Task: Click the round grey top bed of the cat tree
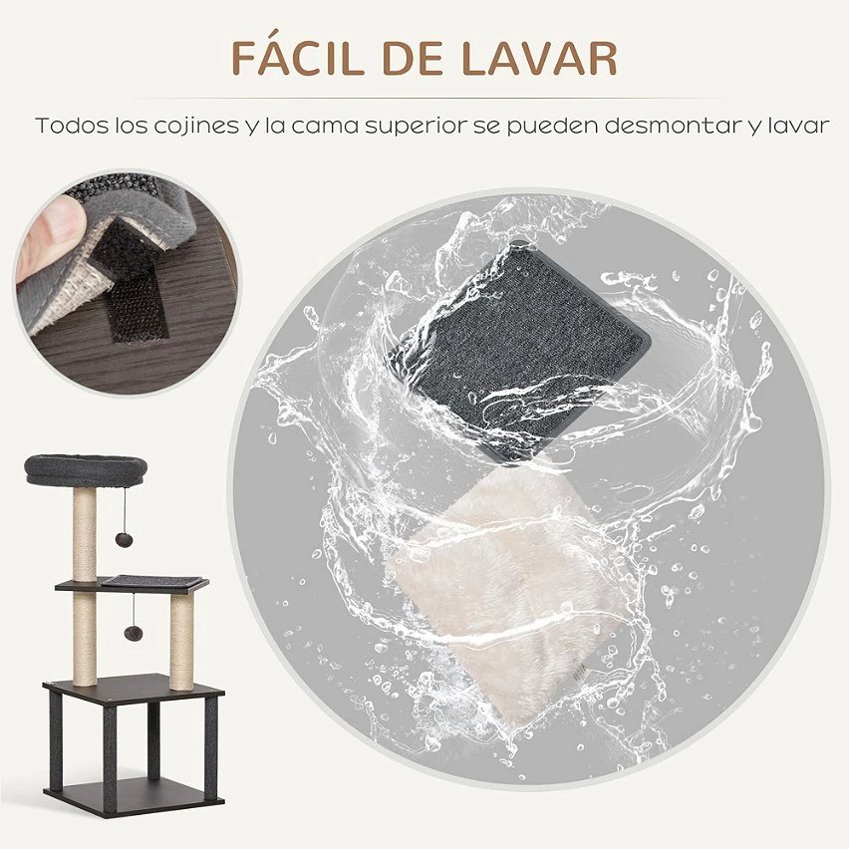click(85, 468)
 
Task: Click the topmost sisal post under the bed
click(85, 533)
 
